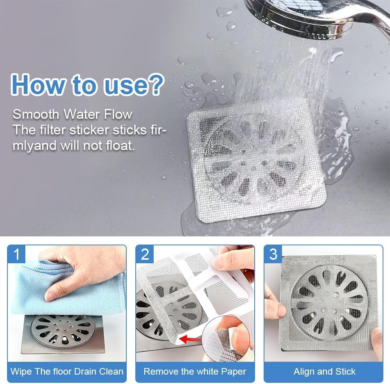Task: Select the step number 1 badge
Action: (x=16, y=254)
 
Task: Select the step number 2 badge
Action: (x=145, y=254)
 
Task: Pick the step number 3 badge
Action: (x=273, y=254)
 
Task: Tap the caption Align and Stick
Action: (x=324, y=371)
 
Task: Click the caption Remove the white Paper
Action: (x=195, y=371)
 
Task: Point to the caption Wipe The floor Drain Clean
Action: (x=67, y=371)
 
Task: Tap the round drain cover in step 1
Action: (x=62, y=329)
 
